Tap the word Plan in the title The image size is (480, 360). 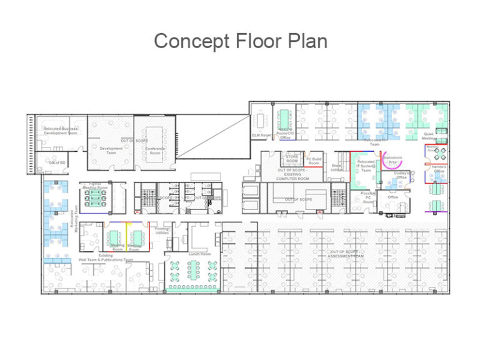pyautogui.click(x=306, y=41)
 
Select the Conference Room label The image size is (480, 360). pyautogui.click(x=155, y=151)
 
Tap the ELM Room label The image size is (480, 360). pyautogui.click(x=261, y=135)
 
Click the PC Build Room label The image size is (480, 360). pyautogui.click(x=314, y=161)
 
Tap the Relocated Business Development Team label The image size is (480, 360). pyautogui.click(x=61, y=131)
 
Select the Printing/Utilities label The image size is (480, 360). pyautogui.click(x=162, y=230)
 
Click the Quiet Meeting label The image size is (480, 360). pyautogui.click(x=429, y=136)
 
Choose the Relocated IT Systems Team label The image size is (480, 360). pyautogui.click(x=366, y=166)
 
